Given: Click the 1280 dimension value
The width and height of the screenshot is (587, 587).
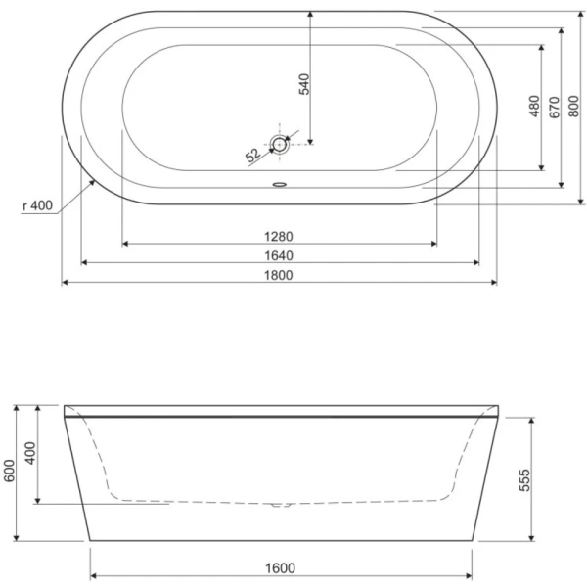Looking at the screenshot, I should (x=279, y=235).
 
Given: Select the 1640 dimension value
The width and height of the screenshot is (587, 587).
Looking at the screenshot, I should (x=279, y=255).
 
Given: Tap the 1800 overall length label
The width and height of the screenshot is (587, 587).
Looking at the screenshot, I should (x=279, y=275).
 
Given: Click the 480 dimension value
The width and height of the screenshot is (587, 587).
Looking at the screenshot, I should (x=534, y=107).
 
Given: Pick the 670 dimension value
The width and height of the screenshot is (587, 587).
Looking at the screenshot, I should (x=555, y=107).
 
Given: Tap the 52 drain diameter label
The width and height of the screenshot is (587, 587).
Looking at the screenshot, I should (x=251, y=155).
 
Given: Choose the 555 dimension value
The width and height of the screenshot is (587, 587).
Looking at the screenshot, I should (x=524, y=480).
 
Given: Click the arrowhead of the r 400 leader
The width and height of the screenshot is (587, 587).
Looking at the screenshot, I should (x=94, y=182).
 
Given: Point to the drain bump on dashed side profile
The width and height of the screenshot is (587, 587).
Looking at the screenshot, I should (x=281, y=506).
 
